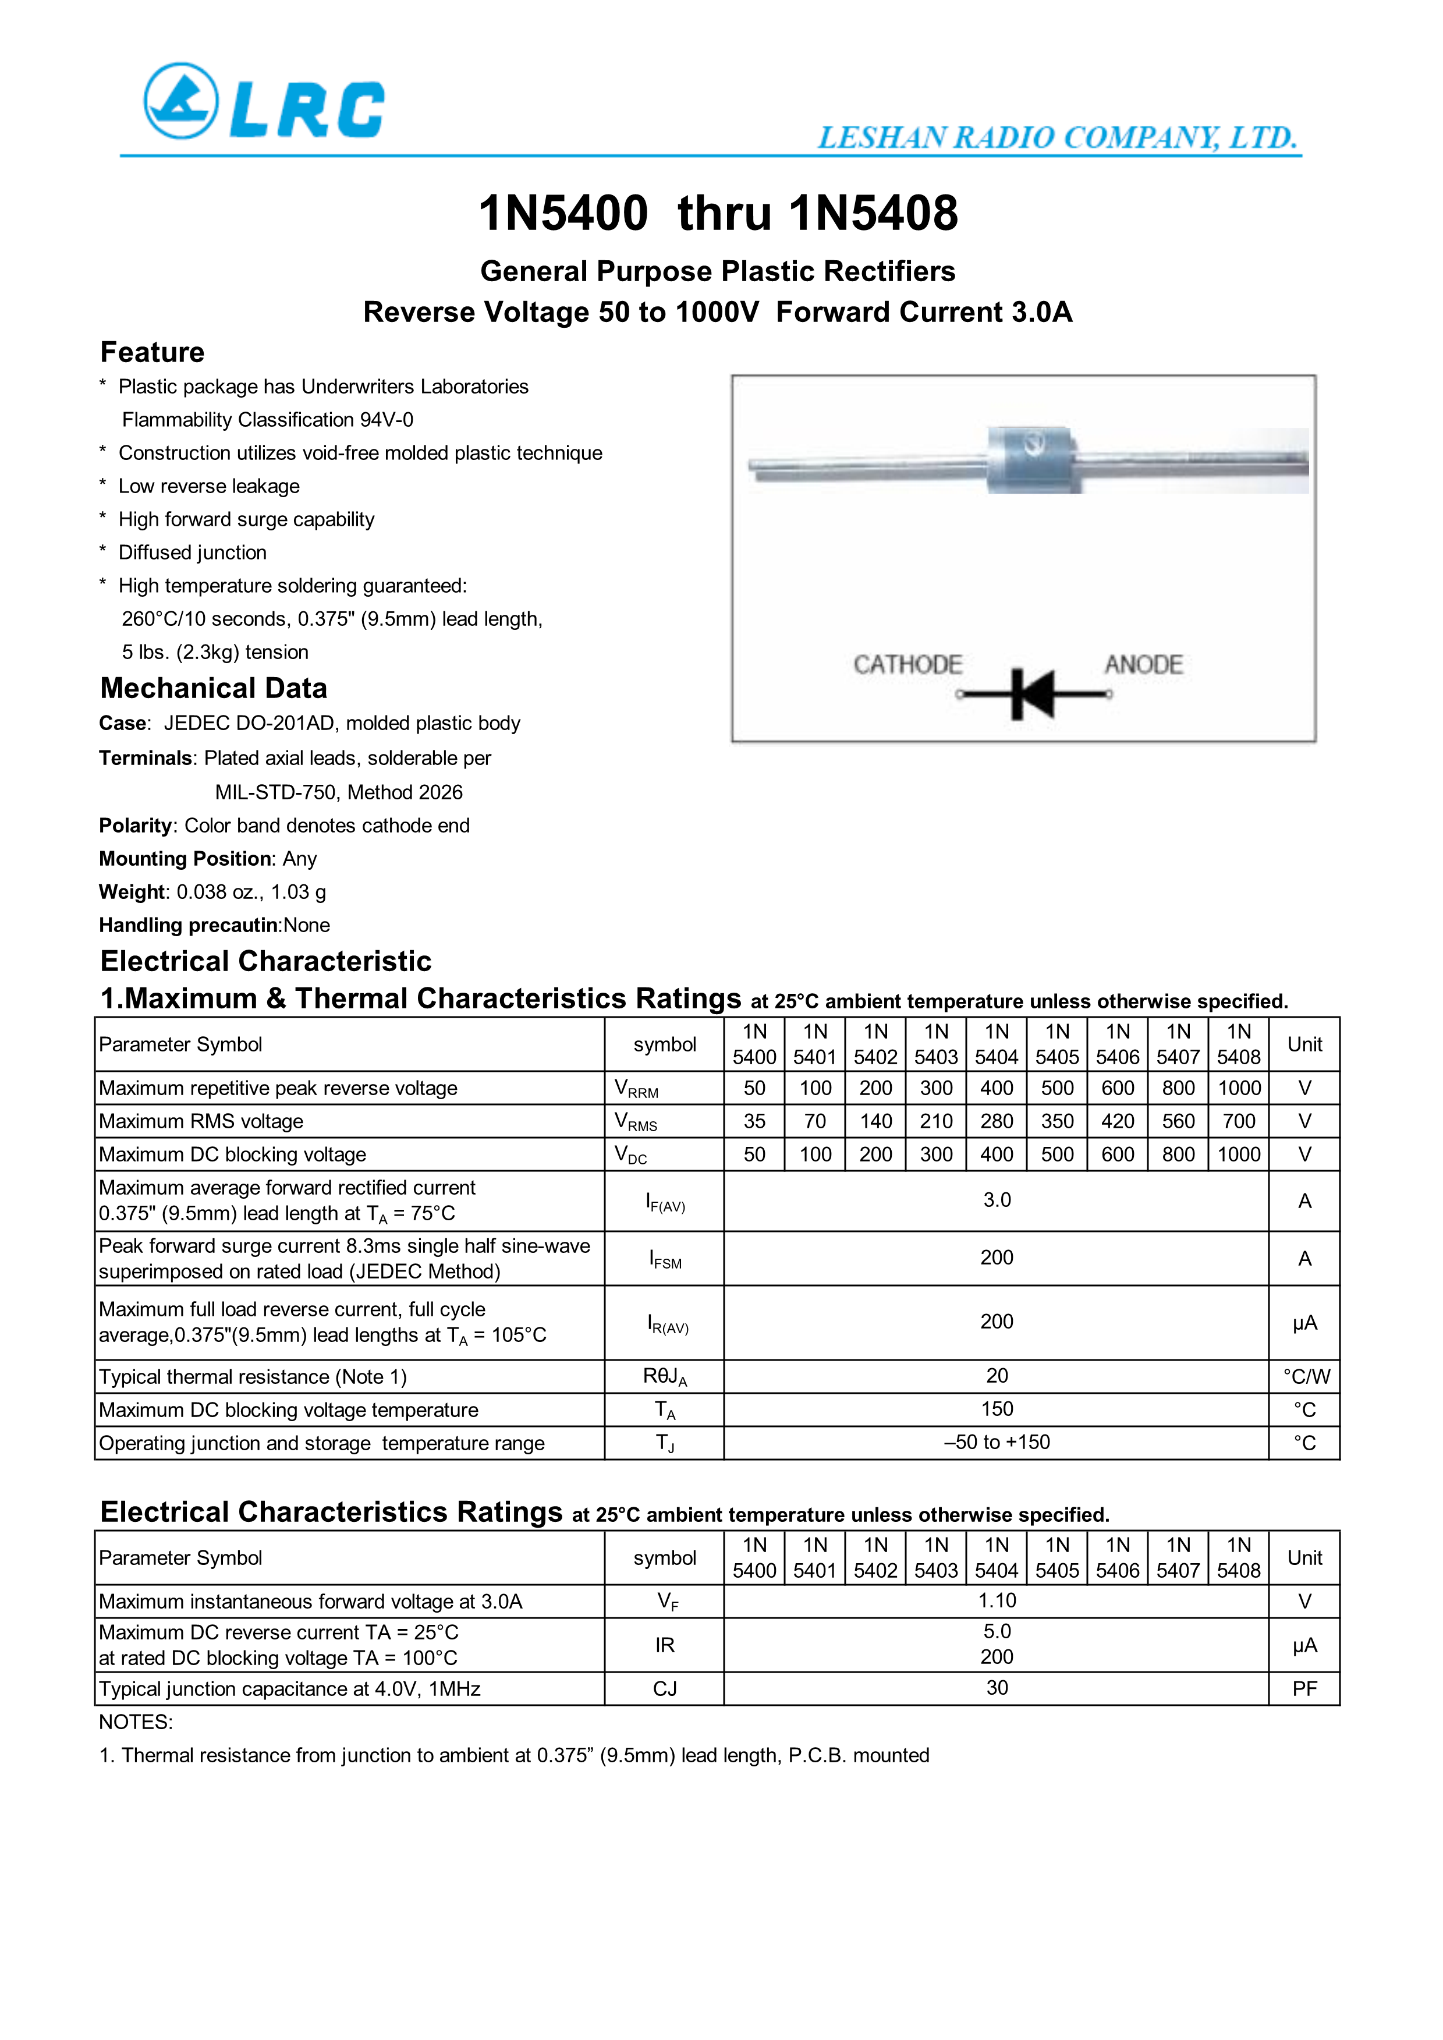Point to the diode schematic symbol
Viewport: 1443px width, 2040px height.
point(1033,694)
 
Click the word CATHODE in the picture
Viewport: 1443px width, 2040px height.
point(907,665)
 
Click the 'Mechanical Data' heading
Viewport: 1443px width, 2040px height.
point(213,689)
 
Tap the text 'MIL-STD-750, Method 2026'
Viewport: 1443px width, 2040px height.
point(339,792)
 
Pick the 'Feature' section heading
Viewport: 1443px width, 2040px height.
point(152,353)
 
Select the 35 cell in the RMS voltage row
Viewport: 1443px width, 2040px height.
point(754,1121)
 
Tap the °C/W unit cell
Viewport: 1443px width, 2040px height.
point(1305,1376)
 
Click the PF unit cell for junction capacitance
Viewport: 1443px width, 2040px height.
point(1304,1688)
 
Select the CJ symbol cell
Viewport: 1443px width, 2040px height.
point(665,1688)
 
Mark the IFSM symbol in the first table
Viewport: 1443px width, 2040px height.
point(665,1259)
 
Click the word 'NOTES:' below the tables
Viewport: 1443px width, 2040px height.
point(136,1722)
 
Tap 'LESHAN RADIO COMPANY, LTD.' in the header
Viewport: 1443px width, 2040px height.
point(1058,138)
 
